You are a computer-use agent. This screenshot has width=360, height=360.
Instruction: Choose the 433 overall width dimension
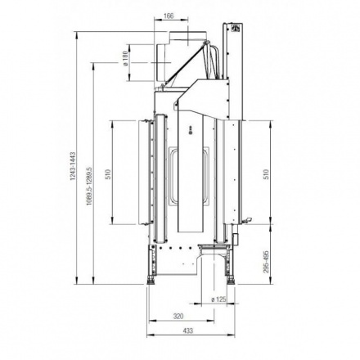click(188, 331)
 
